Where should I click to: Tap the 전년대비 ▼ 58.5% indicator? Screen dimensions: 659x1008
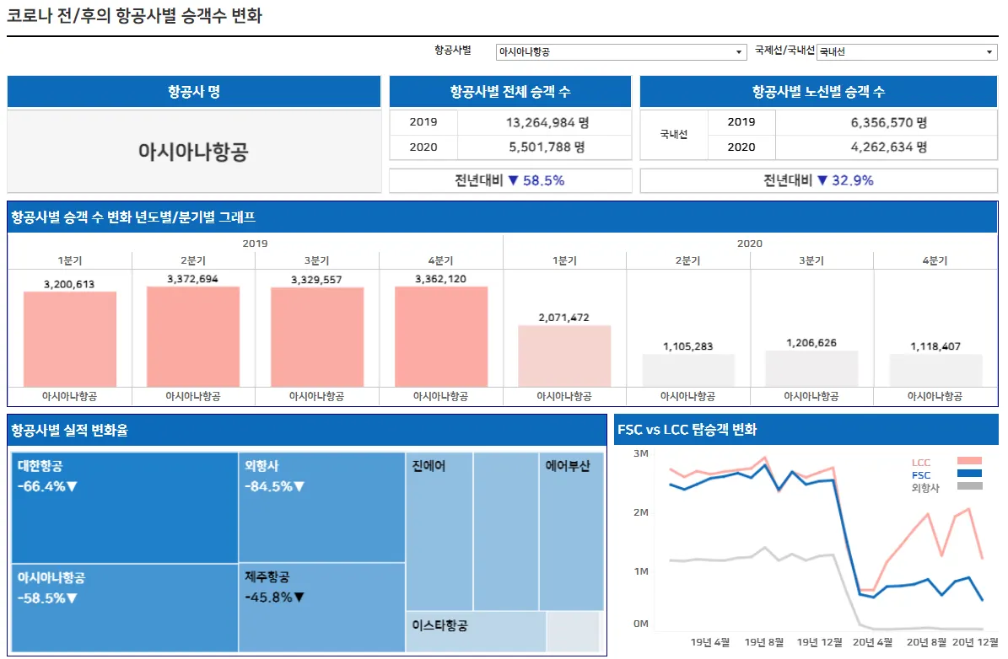pos(509,180)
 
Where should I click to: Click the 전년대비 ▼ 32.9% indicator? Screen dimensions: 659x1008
pos(818,180)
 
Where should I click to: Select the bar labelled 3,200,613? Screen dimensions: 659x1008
pos(70,338)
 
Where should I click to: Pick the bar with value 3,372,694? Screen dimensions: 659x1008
pos(193,335)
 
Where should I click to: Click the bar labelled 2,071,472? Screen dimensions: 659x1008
pos(564,355)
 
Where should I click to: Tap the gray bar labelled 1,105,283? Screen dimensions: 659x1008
pos(688,369)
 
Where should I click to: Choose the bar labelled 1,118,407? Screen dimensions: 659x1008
pos(935,369)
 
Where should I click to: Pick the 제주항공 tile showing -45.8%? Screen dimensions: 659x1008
pos(322,607)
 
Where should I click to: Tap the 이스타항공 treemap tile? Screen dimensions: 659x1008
pos(476,631)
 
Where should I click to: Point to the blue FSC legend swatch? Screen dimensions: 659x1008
pos(969,474)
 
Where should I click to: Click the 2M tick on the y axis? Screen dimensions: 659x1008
pos(639,512)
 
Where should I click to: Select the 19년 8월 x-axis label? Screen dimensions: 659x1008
pos(764,642)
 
